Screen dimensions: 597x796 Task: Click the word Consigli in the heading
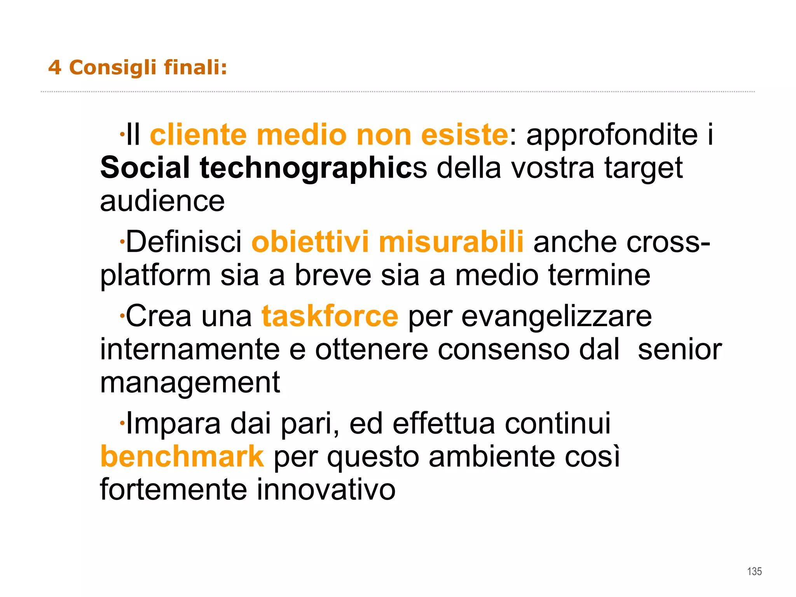(112, 68)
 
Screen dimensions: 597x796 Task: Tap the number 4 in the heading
(55, 68)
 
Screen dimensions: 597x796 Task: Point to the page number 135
(754, 571)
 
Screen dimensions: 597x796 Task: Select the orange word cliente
(198, 135)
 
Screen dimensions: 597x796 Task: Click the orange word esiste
(464, 135)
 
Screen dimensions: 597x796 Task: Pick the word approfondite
(612, 135)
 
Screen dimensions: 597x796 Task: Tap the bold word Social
(145, 168)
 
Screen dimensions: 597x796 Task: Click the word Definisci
(184, 242)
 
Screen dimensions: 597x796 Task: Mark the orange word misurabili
(451, 242)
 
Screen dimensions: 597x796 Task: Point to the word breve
(333, 275)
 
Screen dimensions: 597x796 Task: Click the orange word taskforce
(330, 316)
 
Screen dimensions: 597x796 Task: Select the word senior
(680, 349)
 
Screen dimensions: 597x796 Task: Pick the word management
(190, 382)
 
